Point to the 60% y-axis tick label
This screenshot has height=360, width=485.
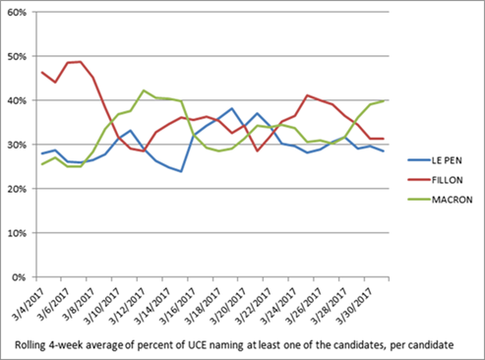pyautogui.click(x=17, y=12)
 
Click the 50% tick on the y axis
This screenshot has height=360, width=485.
pyautogui.click(x=17, y=56)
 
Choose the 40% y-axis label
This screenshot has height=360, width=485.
pyautogui.click(x=17, y=100)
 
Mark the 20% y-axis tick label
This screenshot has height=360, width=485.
pyautogui.click(x=17, y=189)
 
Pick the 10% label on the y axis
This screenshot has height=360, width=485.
pyautogui.click(x=17, y=233)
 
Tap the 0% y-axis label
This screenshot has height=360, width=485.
pyautogui.click(x=19, y=277)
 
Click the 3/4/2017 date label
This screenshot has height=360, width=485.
pyautogui.click(x=29, y=303)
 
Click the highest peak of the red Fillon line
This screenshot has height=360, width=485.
pyautogui.click(x=81, y=62)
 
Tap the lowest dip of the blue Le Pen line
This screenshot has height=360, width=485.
pyautogui.click(x=181, y=171)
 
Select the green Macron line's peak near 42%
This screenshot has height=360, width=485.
pyautogui.click(x=144, y=90)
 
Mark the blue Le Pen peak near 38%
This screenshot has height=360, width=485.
pyautogui.click(x=232, y=108)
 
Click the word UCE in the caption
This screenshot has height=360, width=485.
pyautogui.click(x=197, y=345)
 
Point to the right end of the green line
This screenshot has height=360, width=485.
pyautogui.click(x=384, y=101)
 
